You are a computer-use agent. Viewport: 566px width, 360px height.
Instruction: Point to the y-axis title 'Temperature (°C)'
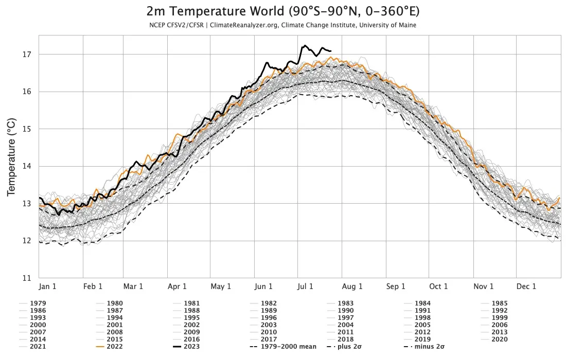[x=11, y=157]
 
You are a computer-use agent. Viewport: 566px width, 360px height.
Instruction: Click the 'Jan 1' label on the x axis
[x=47, y=286]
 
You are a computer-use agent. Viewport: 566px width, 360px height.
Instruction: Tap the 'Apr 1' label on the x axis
[x=177, y=286]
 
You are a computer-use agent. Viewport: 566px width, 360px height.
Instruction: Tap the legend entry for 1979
[x=38, y=303]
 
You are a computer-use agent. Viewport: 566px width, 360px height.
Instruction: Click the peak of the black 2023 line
[x=305, y=45]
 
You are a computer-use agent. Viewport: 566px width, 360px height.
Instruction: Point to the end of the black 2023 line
[x=331, y=51]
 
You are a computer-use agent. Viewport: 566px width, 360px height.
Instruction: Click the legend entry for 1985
[x=499, y=303]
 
